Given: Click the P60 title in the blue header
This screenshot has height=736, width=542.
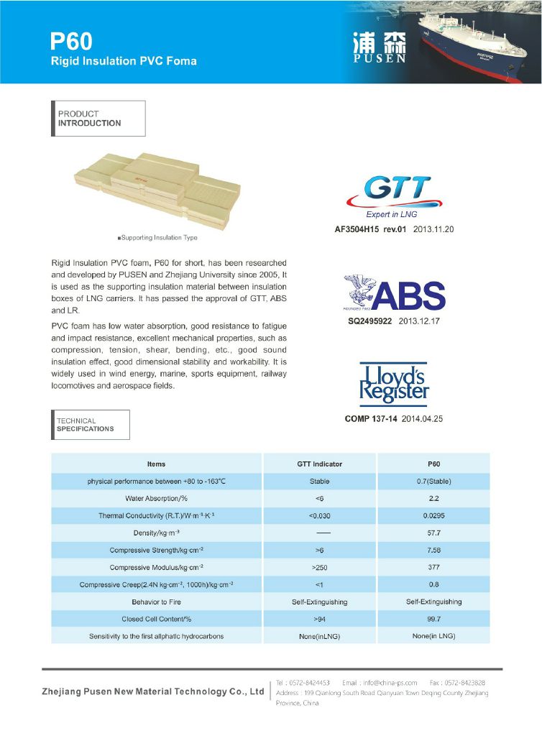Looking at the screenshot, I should [71, 40].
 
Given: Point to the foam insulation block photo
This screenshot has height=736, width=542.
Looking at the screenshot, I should [156, 188].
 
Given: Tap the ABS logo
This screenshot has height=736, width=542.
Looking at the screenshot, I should [393, 295].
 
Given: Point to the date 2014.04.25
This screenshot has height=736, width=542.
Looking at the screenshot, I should [422, 418].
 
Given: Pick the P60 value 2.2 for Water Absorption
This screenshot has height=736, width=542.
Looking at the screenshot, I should [433, 498].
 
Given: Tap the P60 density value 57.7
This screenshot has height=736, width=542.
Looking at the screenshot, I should [433, 533].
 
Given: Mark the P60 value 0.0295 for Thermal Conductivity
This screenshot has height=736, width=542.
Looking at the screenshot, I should [433, 516].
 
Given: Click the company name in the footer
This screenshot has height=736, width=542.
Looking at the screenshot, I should [152, 691].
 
